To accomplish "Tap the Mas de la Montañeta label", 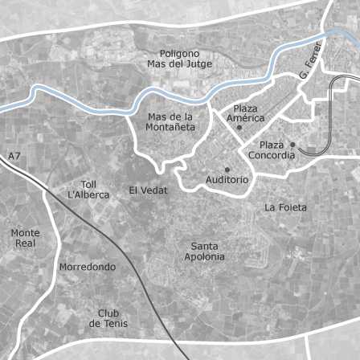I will [x=171, y=121].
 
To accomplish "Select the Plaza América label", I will [x=246, y=113].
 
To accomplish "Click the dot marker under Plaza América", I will [x=239, y=128].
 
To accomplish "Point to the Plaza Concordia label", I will [x=271, y=149].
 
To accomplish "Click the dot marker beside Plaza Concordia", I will [x=292, y=145].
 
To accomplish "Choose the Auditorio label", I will [x=227, y=180].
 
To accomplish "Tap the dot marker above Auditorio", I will [x=227, y=169].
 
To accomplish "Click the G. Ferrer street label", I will [x=309, y=59].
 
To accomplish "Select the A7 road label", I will [x=14, y=156].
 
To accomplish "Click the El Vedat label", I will [x=149, y=190].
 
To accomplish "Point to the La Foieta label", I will [x=285, y=207].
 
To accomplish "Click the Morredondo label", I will [x=88, y=267].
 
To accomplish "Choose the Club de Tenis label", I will [x=108, y=318].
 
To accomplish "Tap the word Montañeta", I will [x=171, y=127].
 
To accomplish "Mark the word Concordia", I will [x=272, y=155].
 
